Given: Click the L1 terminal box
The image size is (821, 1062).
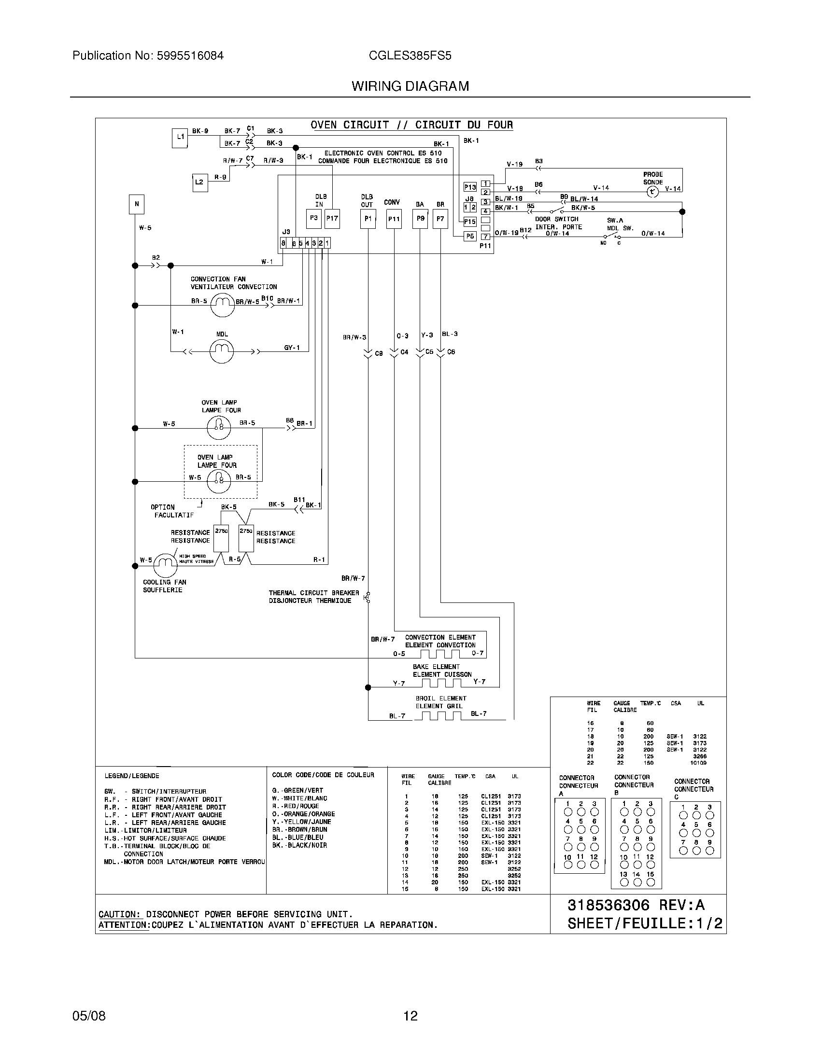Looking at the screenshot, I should click(180, 138).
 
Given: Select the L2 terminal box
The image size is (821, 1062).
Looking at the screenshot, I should click(199, 182).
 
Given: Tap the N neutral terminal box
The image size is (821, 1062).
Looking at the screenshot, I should click(137, 204).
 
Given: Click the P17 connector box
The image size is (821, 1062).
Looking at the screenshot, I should click(332, 218).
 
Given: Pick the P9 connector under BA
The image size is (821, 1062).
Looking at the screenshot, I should click(420, 218).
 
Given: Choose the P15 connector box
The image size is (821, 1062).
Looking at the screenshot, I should click(469, 222).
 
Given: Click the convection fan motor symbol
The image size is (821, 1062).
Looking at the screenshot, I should click(223, 305).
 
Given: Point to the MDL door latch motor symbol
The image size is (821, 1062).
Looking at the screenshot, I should click(221, 350).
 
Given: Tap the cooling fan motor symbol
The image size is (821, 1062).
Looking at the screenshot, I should click(165, 565).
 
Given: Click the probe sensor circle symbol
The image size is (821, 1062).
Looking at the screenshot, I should click(652, 192).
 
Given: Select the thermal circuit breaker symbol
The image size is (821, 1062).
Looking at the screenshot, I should click(368, 598).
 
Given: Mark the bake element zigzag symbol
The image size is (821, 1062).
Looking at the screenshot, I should click(440, 683).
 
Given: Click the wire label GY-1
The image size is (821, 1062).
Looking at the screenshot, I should click(292, 348).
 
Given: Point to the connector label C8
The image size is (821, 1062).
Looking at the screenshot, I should click(379, 353).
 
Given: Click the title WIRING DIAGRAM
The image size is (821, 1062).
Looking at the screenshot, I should click(410, 86).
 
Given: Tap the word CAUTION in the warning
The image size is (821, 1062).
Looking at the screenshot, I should click(119, 914).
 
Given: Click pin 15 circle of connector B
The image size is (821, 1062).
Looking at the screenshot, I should click(651, 882).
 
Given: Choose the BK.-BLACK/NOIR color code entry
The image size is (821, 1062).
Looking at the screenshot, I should click(299, 846).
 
